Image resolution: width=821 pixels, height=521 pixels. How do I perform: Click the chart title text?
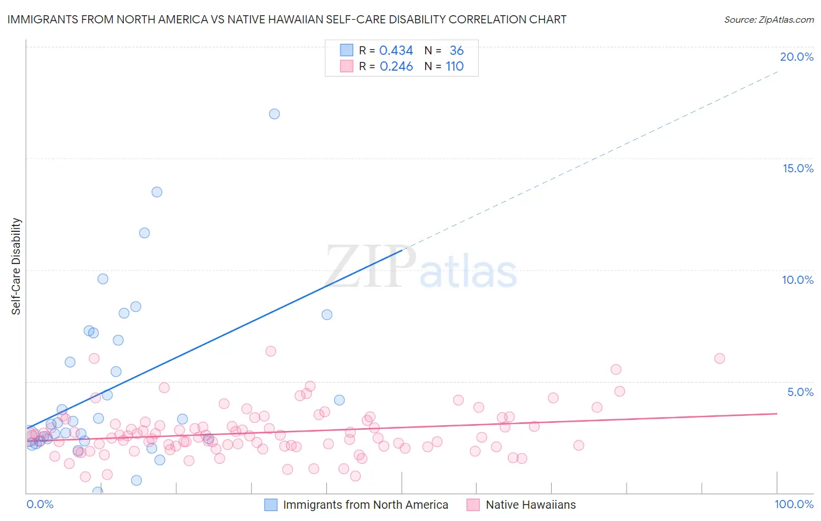[x=287, y=19]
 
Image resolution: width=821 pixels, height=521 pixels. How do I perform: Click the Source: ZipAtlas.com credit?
[x=768, y=19]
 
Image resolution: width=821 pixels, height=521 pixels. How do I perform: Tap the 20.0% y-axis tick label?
[x=796, y=57]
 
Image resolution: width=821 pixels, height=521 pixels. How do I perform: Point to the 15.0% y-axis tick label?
[x=798, y=168]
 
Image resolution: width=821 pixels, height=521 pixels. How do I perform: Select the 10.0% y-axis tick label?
[x=798, y=280]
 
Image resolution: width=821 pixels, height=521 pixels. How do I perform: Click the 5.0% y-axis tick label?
[x=800, y=392]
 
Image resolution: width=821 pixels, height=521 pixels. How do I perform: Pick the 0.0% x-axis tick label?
[x=40, y=504]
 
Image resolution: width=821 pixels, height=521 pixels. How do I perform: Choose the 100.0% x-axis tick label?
[x=794, y=504]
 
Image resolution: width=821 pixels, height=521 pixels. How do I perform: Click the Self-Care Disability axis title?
[x=16, y=266]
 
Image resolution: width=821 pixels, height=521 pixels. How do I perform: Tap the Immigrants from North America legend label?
[x=366, y=505]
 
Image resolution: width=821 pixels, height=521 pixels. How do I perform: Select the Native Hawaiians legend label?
[x=530, y=505]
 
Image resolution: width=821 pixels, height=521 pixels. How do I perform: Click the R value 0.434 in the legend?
[x=396, y=51]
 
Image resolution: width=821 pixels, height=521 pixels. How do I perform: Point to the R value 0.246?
[x=396, y=67]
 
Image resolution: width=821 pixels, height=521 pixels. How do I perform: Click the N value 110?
[x=454, y=67]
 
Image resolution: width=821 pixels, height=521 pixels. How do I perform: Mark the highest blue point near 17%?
[x=274, y=114]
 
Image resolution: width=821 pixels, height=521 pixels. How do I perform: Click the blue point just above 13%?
[x=156, y=192]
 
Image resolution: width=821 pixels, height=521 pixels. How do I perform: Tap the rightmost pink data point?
[x=719, y=359]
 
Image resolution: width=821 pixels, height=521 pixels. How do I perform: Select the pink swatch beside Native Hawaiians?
[x=473, y=505]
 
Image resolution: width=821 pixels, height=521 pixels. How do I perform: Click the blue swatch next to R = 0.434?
[x=347, y=50]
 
